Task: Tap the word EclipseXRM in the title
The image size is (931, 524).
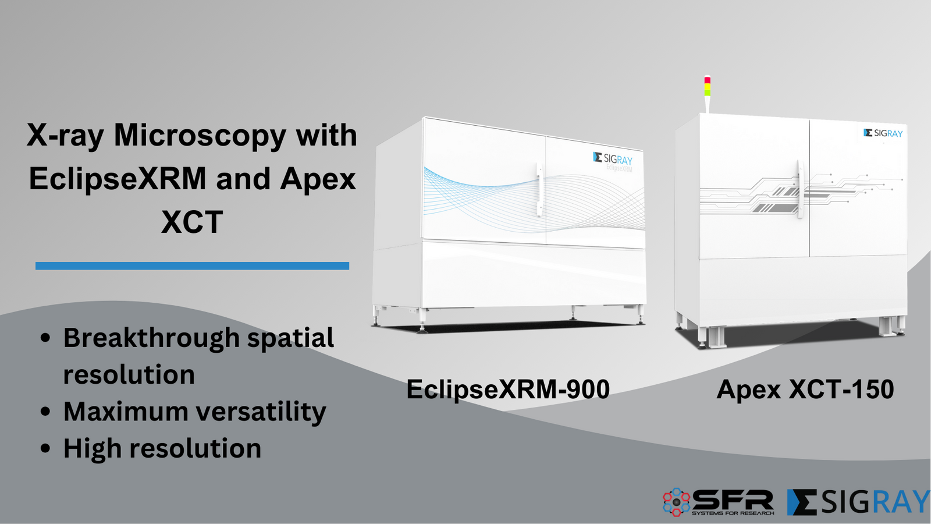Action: [x=118, y=179]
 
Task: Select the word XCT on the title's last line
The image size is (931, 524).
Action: [x=192, y=222]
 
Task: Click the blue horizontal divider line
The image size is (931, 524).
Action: [x=192, y=265]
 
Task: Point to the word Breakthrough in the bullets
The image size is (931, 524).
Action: [x=151, y=338]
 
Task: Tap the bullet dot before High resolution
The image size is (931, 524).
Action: [x=46, y=449]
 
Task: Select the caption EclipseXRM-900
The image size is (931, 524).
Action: [x=507, y=389]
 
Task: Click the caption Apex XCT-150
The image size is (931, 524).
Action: [x=805, y=389]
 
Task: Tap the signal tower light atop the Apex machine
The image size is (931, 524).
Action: [x=707, y=87]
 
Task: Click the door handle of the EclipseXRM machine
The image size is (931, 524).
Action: [x=540, y=190]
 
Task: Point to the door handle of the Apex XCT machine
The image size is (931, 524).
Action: [x=800, y=189]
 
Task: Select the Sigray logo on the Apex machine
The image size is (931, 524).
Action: [x=883, y=133]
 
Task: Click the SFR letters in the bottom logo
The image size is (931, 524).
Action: [x=733, y=500]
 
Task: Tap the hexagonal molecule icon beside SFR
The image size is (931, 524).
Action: [x=676, y=502]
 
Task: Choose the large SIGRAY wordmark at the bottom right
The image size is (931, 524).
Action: [x=859, y=502]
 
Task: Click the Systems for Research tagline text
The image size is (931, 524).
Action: [x=733, y=513]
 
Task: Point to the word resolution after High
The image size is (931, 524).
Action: [x=195, y=449]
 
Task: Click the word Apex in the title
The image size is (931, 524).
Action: [x=318, y=179]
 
